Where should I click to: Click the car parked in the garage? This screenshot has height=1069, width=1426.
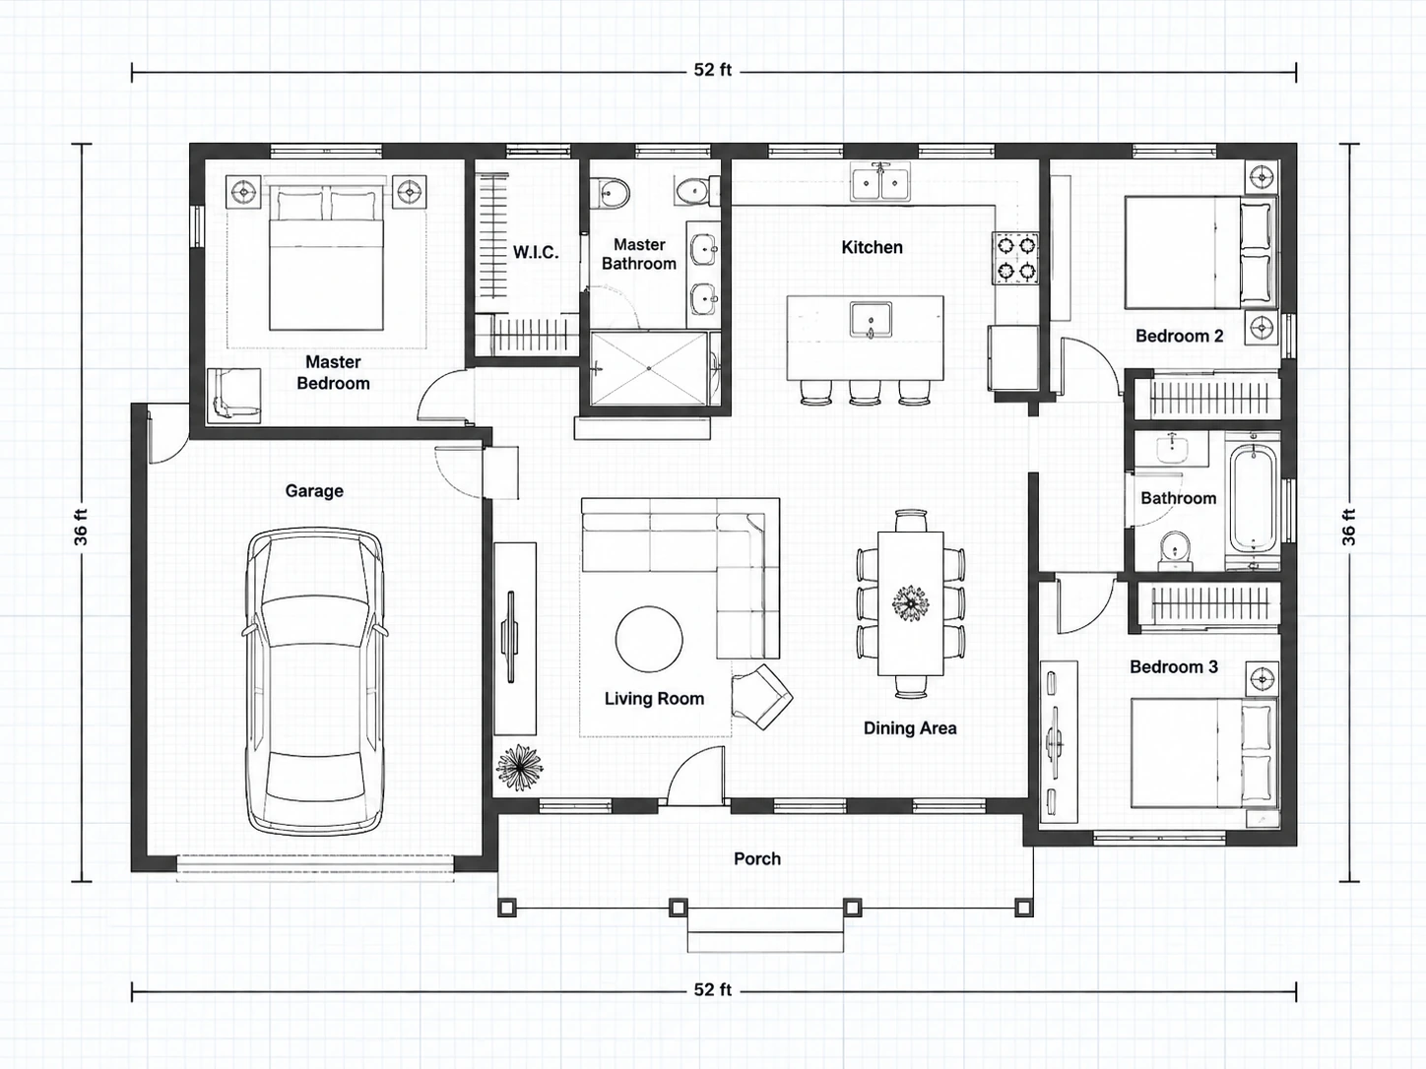[314, 682]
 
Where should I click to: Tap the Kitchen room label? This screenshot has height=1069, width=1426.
[872, 247]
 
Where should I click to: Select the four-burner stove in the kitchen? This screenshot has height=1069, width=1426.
[1015, 258]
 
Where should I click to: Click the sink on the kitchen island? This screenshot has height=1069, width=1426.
[871, 320]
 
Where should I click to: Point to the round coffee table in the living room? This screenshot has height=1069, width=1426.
[649, 639]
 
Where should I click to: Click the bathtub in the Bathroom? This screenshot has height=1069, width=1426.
[1254, 498]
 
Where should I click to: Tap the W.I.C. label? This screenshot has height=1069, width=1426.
[536, 252]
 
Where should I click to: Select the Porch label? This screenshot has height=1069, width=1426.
[757, 858]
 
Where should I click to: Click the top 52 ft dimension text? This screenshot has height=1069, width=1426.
[713, 70]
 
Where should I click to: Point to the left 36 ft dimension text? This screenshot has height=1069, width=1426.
[81, 526]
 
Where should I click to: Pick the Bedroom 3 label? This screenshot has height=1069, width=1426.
[1173, 666]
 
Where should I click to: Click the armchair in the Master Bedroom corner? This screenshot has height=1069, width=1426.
[233, 396]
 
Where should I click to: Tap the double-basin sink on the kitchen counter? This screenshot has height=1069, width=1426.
[880, 182]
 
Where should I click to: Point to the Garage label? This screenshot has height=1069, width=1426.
[314, 490]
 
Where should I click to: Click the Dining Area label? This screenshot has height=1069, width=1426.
[910, 728]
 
